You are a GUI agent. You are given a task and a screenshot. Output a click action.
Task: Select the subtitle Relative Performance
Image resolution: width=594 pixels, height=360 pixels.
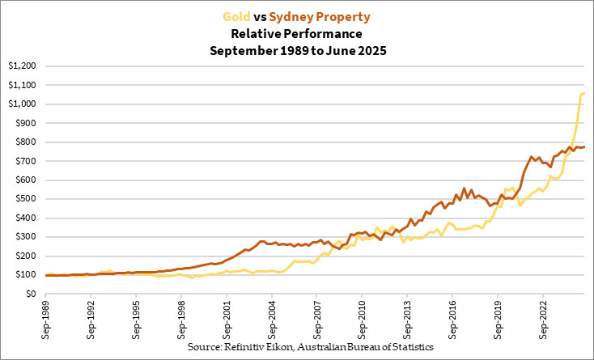click(x=297, y=34)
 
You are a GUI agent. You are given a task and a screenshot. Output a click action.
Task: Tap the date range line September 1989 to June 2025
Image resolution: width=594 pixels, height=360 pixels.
click(x=297, y=51)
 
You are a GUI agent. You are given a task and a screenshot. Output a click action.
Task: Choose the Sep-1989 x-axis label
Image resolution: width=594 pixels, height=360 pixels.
click(x=47, y=316)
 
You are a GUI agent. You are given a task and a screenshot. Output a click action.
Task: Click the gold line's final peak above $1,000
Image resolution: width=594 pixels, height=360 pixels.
click(x=584, y=94)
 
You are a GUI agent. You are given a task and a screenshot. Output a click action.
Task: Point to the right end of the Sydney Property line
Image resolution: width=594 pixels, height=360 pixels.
click(x=584, y=146)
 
